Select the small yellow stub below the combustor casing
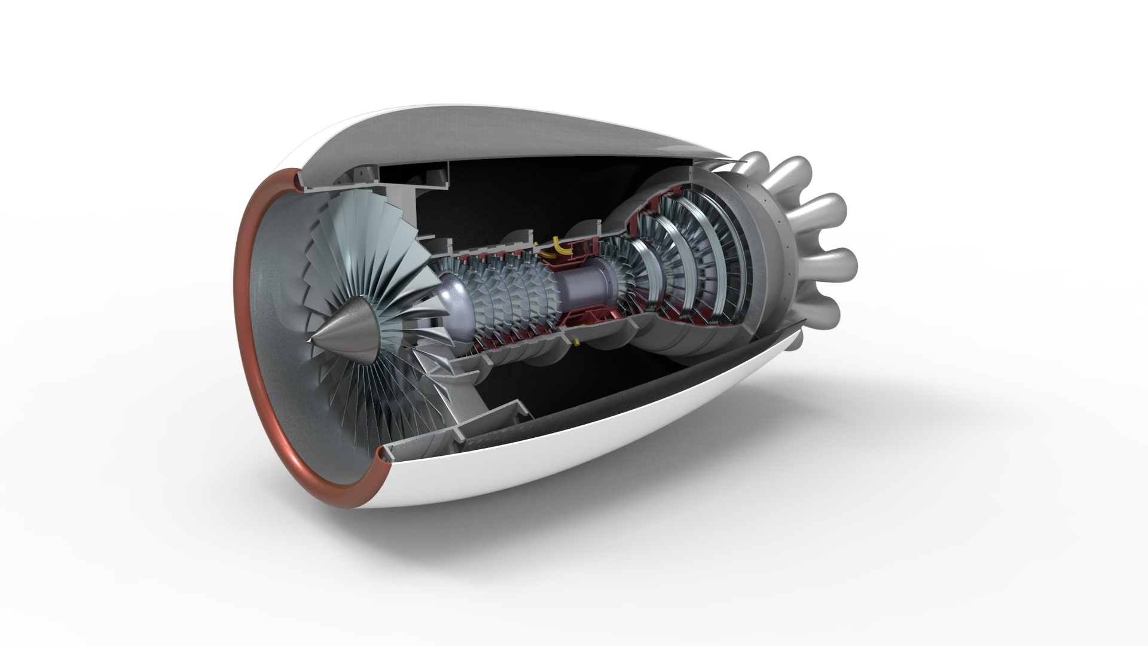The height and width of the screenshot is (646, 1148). tap(576, 342)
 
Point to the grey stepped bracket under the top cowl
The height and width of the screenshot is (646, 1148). tap(430, 179)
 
